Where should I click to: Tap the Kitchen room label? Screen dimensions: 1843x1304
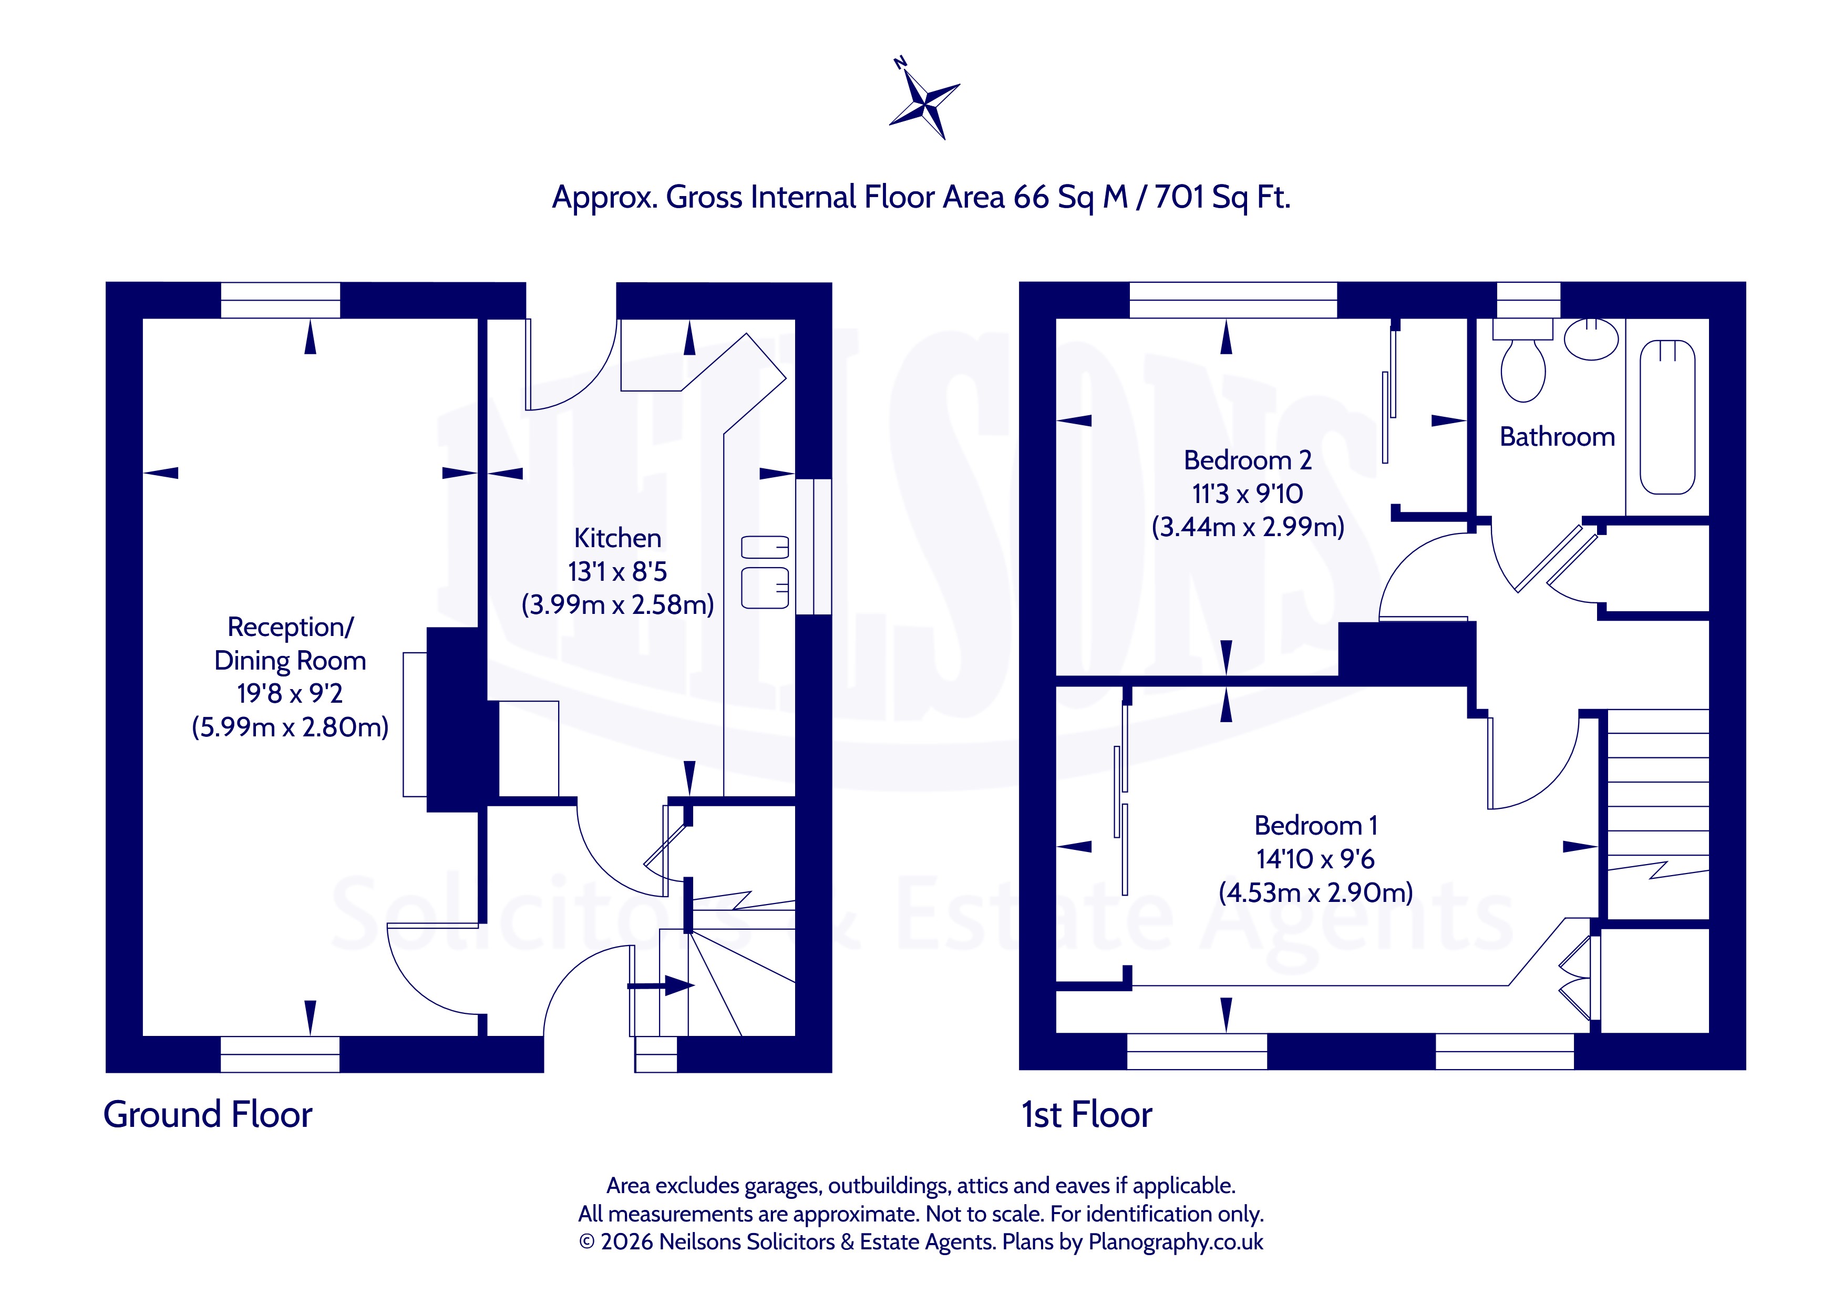pos(617,538)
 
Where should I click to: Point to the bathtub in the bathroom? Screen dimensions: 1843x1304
pos(1667,417)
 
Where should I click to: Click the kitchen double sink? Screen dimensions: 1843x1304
pos(765,572)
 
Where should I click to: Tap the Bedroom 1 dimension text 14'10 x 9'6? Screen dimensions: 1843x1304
pos(1315,859)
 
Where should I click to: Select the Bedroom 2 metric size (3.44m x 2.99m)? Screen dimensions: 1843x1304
pos(1248,527)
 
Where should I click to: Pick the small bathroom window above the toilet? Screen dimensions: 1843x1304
pos(1528,300)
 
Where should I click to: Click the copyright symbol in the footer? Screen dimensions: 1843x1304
pos(587,1242)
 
